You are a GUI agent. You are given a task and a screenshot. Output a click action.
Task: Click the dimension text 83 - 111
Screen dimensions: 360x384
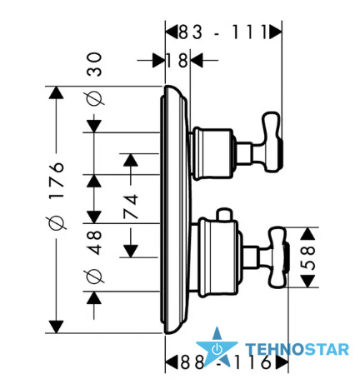click(x=222, y=32)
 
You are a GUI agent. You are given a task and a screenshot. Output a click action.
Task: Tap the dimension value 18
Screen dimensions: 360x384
click(x=177, y=60)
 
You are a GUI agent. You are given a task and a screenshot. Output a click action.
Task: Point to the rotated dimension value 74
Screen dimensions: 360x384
click(x=131, y=207)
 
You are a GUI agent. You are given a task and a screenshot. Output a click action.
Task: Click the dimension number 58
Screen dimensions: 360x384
click(x=308, y=257)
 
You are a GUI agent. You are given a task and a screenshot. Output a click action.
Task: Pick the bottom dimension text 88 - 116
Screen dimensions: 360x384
click(x=226, y=362)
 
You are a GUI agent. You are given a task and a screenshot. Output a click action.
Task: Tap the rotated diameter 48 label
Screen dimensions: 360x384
click(x=94, y=256)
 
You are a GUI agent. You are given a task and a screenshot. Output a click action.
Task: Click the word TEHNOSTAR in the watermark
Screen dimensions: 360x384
click(x=297, y=349)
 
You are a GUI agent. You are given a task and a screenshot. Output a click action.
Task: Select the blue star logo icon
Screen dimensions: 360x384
click(x=217, y=347)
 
